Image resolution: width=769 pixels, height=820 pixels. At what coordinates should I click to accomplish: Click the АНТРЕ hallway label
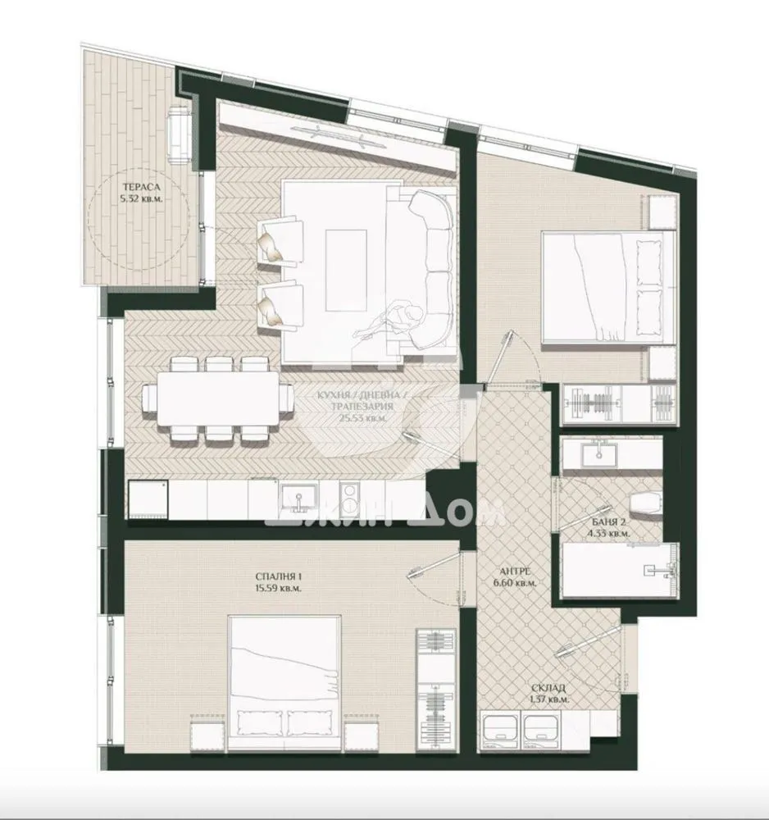(510, 572)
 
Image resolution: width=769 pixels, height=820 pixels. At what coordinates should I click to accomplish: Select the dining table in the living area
(216, 401)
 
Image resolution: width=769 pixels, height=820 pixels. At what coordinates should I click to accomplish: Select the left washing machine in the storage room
(499, 727)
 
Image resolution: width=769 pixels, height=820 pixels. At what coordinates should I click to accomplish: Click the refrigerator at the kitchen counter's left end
(147, 498)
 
